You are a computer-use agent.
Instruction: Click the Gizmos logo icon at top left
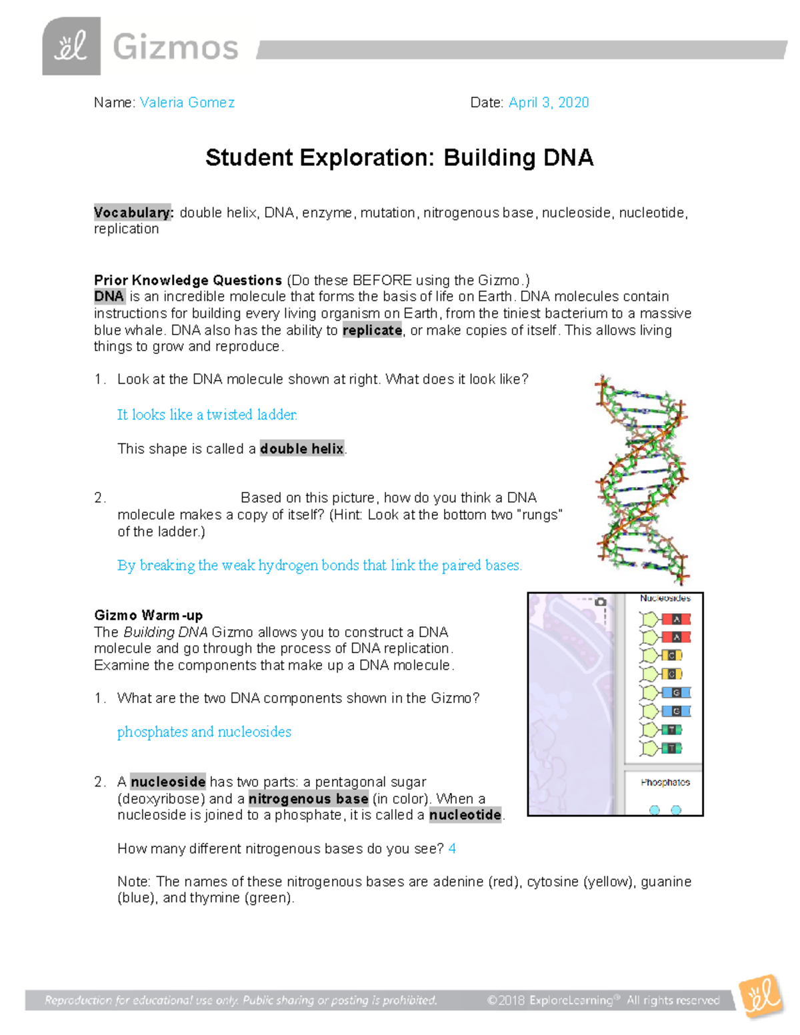(71, 47)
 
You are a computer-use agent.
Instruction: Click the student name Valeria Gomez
(187, 103)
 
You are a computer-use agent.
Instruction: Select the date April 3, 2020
(549, 103)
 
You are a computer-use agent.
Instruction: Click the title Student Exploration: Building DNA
(399, 158)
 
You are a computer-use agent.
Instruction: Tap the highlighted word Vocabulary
(133, 213)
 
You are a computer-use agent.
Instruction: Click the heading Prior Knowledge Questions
(188, 280)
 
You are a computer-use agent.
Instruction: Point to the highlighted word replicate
(372, 331)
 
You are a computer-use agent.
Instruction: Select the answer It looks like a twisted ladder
(207, 415)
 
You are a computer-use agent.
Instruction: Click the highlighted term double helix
(302, 449)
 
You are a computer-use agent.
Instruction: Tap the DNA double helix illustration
(641, 479)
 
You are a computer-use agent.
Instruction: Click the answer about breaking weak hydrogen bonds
(319, 565)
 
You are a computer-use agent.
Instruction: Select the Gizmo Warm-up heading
(148, 615)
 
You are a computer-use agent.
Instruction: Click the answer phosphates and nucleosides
(204, 732)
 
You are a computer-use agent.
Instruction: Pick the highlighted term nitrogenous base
(308, 798)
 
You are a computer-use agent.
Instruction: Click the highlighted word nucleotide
(465, 815)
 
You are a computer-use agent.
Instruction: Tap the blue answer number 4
(453, 848)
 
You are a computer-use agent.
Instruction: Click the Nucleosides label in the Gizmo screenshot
(665, 598)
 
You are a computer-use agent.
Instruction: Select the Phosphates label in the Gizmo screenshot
(665, 782)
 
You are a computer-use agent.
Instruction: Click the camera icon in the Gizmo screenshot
(601, 602)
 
